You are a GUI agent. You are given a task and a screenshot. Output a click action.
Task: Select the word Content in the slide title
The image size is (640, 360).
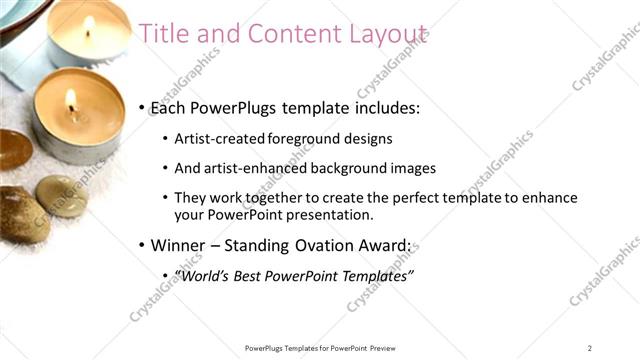(x=277, y=33)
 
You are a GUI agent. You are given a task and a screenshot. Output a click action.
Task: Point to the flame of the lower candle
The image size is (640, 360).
(x=71, y=100)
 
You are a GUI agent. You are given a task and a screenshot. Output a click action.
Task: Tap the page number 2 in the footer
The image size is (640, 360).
(x=589, y=347)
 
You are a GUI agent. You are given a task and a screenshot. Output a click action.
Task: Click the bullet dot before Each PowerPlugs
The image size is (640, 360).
(x=143, y=107)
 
